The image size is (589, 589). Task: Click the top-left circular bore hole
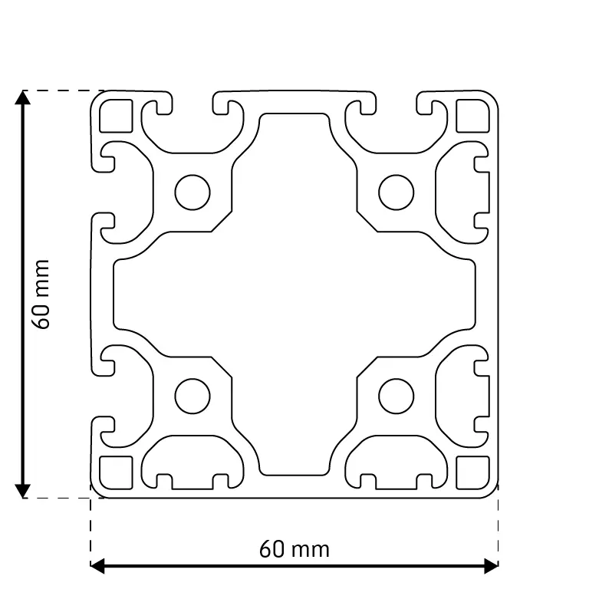[x=192, y=192]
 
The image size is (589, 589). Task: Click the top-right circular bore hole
[x=397, y=192]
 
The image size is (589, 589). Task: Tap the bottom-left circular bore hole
[x=192, y=397]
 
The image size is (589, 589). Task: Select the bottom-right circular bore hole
[x=397, y=397]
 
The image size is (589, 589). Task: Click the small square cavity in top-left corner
[x=116, y=116]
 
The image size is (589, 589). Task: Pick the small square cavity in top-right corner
[x=473, y=116]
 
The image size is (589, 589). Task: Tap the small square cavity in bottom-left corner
[x=116, y=473]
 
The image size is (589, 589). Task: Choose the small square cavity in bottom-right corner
[x=473, y=473]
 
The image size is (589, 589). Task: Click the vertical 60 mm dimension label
[x=41, y=294]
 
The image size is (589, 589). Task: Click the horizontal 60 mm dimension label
[x=294, y=550]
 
